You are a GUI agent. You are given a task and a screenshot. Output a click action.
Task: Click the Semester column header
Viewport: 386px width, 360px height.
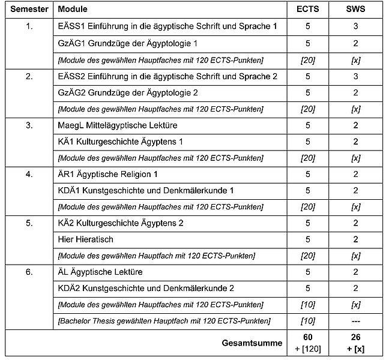pyautogui.click(x=28, y=10)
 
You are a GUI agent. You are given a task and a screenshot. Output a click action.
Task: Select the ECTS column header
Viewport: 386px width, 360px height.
pyautogui.click(x=308, y=10)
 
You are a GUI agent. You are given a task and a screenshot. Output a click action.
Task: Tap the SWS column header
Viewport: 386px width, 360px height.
pyautogui.click(x=355, y=10)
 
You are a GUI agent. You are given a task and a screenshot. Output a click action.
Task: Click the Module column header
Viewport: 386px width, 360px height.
pyautogui.click(x=74, y=10)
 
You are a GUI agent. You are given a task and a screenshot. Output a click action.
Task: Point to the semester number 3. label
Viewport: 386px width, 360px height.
pyautogui.click(x=29, y=125)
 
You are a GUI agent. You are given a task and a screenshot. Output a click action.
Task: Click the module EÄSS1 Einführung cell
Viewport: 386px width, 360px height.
pyautogui.click(x=167, y=27)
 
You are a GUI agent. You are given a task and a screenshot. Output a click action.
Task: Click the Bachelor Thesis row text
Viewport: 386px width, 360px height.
pyautogui.click(x=163, y=321)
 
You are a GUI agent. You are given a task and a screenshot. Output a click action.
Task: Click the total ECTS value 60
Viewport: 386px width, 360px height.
pyautogui.click(x=308, y=338)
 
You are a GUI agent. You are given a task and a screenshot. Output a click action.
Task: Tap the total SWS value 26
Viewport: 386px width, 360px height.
pyautogui.click(x=355, y=338)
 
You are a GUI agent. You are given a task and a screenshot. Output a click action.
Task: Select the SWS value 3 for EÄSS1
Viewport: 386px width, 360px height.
pyautogui.click(x=355, y=27)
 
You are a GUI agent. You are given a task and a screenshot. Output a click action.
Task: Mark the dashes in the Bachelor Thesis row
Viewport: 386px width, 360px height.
pyautogui.click(x=355, y=321)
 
